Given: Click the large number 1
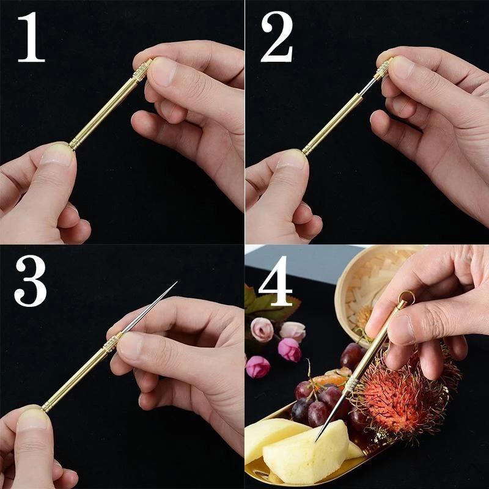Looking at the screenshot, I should coord(31,38).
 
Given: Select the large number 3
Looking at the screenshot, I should coord(31,282).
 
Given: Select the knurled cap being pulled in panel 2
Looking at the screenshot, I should coord(383,68).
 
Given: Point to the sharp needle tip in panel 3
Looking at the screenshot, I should coord(175,284).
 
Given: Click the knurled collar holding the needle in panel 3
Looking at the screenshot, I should coord(112,344).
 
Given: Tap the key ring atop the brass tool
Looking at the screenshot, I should coord(405,300).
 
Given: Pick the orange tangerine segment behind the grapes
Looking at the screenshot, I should coord(330,379).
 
